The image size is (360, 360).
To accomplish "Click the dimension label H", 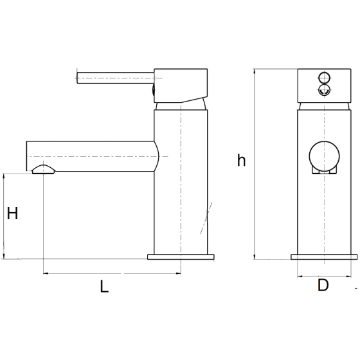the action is pos(12,213).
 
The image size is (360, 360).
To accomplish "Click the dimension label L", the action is pos(104,286).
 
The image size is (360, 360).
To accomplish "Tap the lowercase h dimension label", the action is pos(241,160).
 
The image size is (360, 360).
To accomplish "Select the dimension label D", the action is pos(323,285).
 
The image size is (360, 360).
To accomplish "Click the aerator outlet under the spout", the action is pos(44,170).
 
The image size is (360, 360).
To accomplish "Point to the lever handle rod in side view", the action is pos(116,78).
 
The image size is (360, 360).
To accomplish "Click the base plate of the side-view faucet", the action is pos(181,257).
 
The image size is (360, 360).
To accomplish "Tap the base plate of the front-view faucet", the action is pos(324,257).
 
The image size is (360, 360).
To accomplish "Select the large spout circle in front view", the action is pos(324,156).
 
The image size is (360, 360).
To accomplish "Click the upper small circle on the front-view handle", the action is pos(324,78).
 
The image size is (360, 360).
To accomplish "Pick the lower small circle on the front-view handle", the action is pos(324,89).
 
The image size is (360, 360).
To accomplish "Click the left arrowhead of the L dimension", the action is pos(46,273).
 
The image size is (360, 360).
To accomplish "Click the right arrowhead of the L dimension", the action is pos(178,273).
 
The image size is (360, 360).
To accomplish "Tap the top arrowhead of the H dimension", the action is pos(4,177).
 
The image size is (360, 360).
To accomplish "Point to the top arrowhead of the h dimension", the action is pos(254,71).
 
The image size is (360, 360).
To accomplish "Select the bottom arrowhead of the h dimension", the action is pos(254,256).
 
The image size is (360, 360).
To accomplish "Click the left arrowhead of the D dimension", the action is pos(300,276).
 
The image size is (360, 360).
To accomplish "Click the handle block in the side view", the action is pos(181,85).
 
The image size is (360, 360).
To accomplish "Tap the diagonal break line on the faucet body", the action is pos(206,218).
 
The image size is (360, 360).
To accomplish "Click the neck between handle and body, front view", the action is pos(324,106).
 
